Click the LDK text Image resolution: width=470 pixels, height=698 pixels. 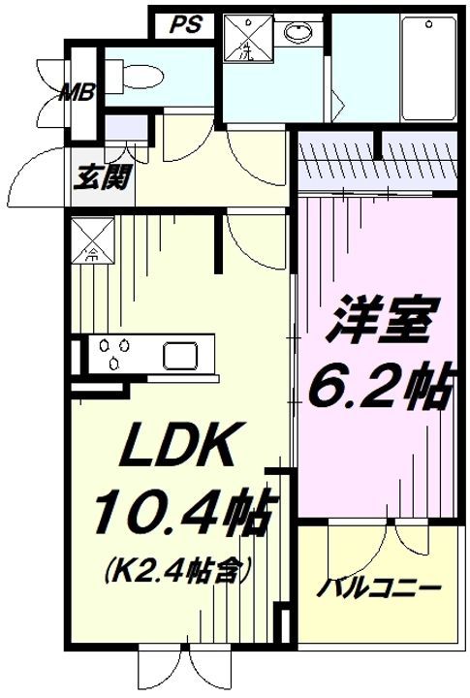click(176, 448)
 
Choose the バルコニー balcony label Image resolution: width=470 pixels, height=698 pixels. click(381, 588)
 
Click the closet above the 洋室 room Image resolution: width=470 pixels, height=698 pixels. click(376, 160)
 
